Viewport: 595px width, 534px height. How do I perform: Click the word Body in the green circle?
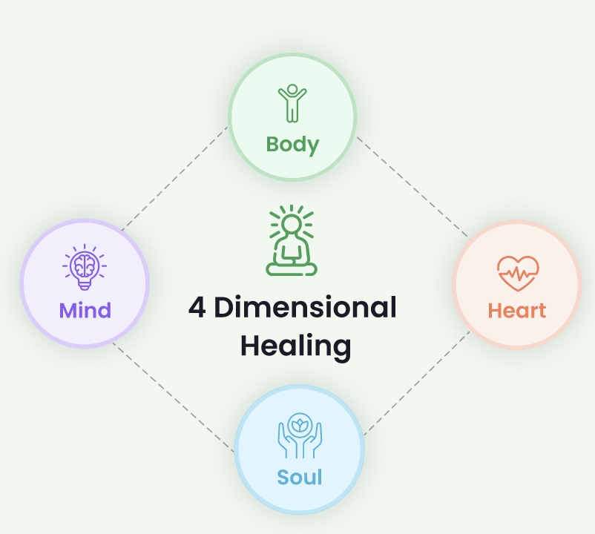(x=292, y=143)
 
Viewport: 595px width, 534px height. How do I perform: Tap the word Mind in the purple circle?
(x=85, y=309)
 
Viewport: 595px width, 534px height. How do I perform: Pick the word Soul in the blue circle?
(x=300, y=476)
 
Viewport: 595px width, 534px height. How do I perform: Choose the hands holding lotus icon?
(x=299, y=435)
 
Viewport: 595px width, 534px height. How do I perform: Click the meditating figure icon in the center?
(x=292, y=242)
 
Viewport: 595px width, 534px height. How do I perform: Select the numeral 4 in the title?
(x=197, y=308)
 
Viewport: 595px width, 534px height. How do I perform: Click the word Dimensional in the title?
(x=306, y=308)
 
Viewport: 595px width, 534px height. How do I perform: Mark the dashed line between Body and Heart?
(x=412, y=186)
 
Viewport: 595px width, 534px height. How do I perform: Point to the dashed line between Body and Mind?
(x=175, y=177)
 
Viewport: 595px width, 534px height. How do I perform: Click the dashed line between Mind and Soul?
(x=173, y=396)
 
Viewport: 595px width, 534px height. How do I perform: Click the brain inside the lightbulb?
(x=85, y=263)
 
